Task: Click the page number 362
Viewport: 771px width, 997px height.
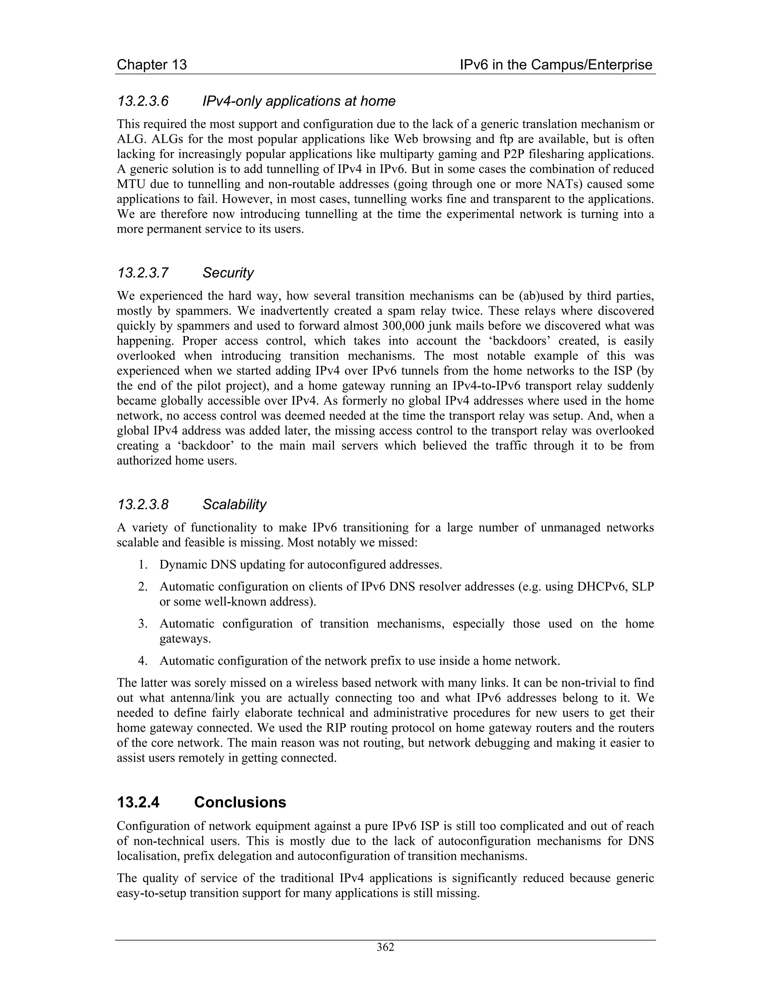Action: [x=385, y=947]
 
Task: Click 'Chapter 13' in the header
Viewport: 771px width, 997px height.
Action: [x=152, y=65]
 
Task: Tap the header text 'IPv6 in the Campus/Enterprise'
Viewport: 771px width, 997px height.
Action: [x=556, y=65]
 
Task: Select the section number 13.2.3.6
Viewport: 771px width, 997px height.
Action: [x=143, y=101]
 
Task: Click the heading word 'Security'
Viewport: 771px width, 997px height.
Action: [x=228, y=273]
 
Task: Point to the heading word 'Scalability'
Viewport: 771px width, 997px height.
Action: [x=234, y=505]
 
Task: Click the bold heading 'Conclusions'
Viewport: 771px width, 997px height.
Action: [x=240, y=802]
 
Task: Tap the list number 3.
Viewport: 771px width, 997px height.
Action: [x=143, y=623]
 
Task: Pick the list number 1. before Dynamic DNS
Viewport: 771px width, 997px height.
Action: [x=143, y=565]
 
